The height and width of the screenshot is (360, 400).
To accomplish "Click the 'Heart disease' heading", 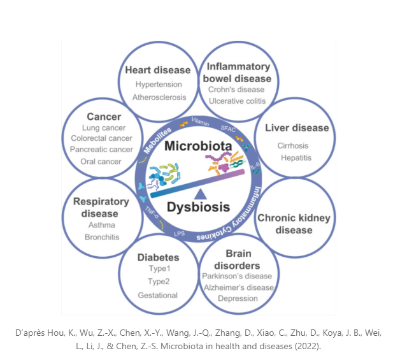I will coord(158,70).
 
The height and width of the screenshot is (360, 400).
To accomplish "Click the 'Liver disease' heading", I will coord(297,127).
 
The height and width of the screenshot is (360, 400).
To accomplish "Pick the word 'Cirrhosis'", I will coord(293,145).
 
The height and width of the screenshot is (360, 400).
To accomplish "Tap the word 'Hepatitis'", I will coord(294,157).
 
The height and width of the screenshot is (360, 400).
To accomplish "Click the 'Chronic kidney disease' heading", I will coord(294,224).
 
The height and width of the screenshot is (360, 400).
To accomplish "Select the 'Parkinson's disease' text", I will coord(237,276).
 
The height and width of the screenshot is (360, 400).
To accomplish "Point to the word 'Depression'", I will coord(238,298).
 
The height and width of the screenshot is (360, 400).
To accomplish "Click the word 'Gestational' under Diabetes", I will coord(158,295).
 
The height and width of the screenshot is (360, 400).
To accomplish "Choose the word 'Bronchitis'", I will coord(101,237).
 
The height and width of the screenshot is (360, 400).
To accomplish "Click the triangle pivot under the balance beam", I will coord(200,193).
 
